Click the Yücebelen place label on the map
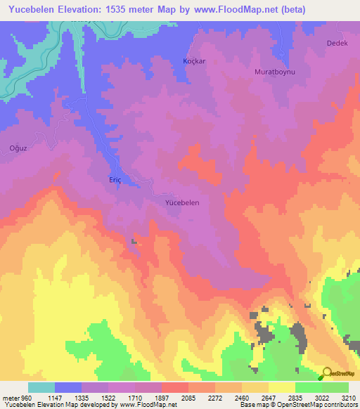point(182,202)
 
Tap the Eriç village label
point(115,179)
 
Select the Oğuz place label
point(17,148)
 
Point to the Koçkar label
point(193,61)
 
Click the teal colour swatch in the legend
point(41,387)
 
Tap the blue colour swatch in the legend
point(68,387)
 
